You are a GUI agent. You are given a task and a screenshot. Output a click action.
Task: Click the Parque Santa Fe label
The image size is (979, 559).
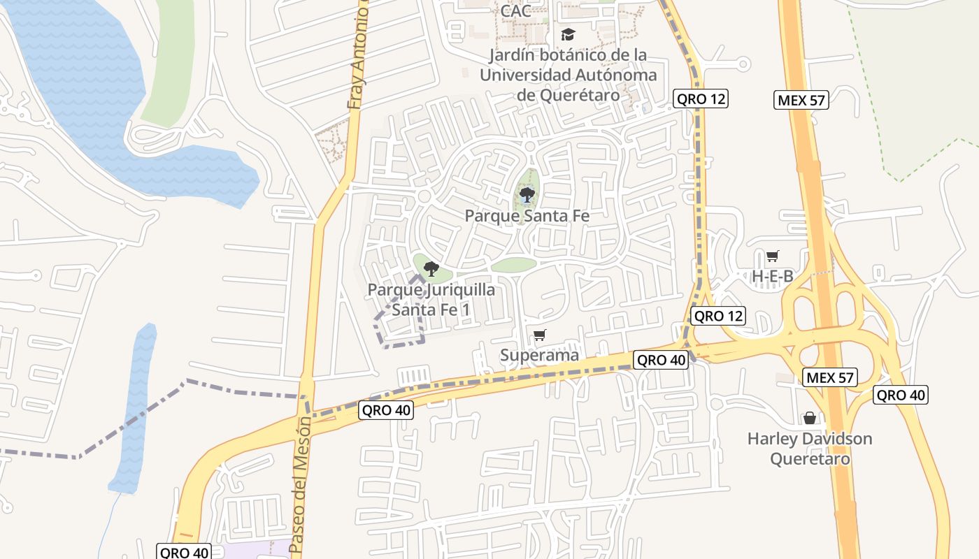pyautogui.click(x=527, y=216)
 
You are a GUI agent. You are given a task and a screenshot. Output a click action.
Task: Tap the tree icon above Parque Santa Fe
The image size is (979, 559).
pyautogui.click(x=527, y=195)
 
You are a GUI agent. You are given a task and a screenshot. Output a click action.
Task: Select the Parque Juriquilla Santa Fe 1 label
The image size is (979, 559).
pyautogui.click(x=431, y=299)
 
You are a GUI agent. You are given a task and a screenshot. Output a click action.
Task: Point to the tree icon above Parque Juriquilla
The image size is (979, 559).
pyautogui.click(x=431, y=269)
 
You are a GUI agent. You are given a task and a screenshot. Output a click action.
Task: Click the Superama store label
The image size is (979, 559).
pyautogui.click(x=539, y=355)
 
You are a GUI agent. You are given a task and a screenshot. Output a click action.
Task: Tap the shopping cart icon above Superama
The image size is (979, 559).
pyautogui.click(x=539, y=335)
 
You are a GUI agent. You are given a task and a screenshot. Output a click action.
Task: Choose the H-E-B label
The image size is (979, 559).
pyautogui.click(x=773, y=276)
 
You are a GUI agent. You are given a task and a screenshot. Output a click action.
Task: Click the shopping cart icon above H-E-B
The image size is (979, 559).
pyautogui.click(x=773, y=256)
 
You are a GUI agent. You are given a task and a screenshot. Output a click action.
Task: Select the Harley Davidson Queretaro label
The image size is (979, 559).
pyautogui.click(x=810, y=449)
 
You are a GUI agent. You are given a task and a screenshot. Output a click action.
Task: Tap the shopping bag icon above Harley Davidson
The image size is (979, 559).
pyautogui.click(x=810, y=418)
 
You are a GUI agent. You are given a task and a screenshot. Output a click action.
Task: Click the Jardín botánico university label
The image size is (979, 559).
pyautogui.click(x=568, y=74)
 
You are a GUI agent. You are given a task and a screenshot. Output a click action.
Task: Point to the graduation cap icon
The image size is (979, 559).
pyautogui.click(x=568, y=34)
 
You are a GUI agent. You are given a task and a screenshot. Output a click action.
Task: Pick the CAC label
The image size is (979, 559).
pyautogui.click(x=515, y=10)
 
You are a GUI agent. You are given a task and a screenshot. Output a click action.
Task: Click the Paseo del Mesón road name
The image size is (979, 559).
pyautogui.click(x=299, y=492)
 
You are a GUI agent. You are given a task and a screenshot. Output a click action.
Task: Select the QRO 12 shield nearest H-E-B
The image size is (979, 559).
pyautogui.click(x=718, y=316)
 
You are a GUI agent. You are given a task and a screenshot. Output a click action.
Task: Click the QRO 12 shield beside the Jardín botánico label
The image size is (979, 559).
pyautogui.click(x=701, y=99)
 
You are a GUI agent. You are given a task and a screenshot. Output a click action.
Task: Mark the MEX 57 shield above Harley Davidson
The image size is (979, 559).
pyautogui.click(x=830, y=378)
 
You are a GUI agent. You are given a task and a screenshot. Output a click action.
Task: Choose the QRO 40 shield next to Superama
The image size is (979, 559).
pyautogui.click(x=661, y=360)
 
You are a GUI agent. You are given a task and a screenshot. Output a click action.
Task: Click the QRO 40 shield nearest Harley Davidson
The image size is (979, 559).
pyautogui.click(x=901, y=395)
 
